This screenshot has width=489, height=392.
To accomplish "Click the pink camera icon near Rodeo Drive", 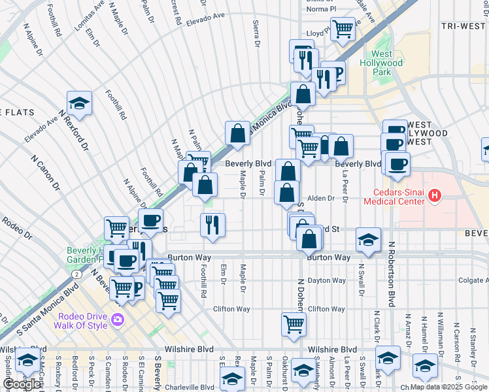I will pos(118,319).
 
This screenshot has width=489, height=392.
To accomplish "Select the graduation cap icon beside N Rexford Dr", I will pos(79,104).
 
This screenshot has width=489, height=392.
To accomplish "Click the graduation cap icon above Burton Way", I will pos(369,240).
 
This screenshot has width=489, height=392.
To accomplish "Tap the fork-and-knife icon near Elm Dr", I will pos(212,225).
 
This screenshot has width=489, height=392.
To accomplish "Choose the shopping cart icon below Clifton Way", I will pos(294,323).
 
